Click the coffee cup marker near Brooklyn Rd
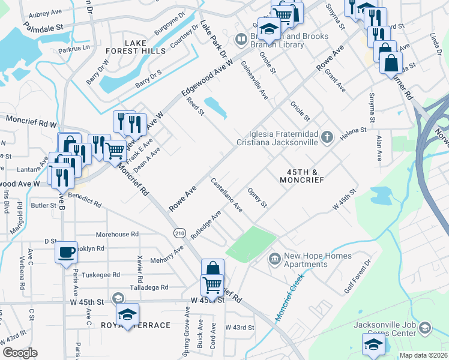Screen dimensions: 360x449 (66, 251)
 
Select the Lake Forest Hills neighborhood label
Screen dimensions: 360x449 (145, 47)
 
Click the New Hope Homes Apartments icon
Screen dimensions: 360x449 (275, 259)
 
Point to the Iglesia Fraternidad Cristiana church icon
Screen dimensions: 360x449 (327, 137)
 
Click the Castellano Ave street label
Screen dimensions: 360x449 (226, 195)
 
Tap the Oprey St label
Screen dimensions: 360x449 (257, 197)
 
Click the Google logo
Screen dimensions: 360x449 (20, 352)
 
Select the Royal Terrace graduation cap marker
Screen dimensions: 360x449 (127, 314)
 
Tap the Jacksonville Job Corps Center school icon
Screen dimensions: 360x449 (425, 328)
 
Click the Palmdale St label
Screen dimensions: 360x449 (43, 28)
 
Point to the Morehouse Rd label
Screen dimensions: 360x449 (118, 234)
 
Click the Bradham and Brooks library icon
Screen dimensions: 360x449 (241, 40)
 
